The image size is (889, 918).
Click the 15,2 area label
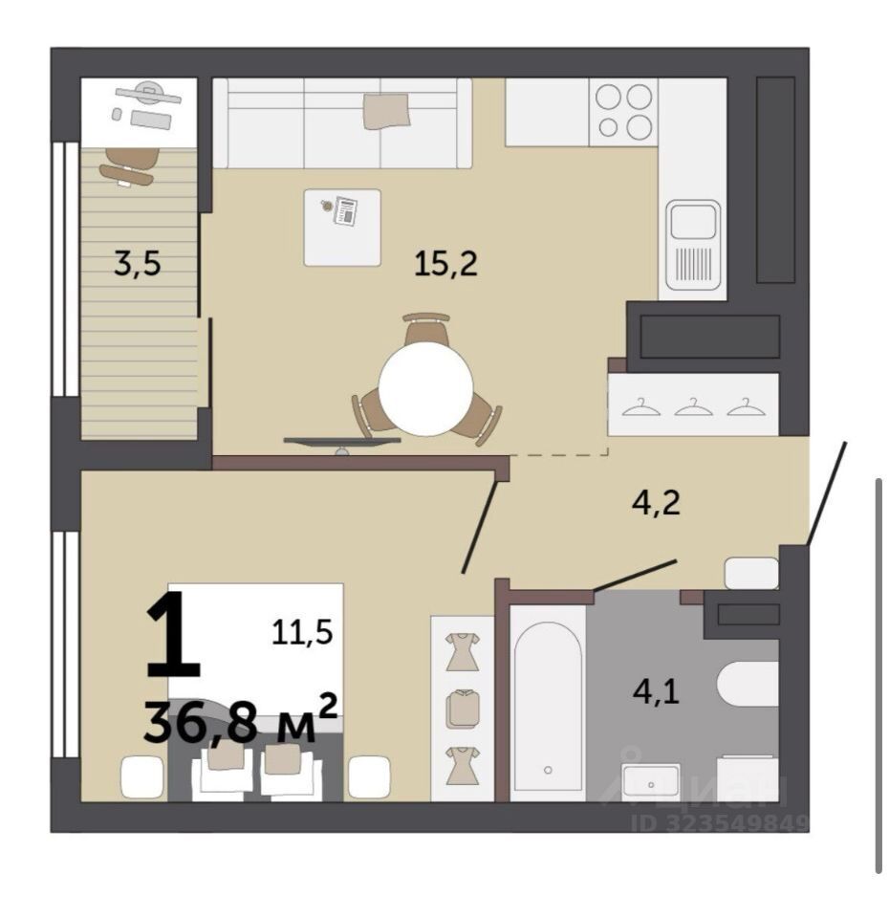pos(445,263)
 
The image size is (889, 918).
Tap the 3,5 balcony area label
pos(138,263)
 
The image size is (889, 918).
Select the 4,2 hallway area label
pos(656,502)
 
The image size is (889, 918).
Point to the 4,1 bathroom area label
pos(656,691)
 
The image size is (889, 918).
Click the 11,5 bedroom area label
pos(302,632)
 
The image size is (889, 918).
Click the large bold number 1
pos(173,635)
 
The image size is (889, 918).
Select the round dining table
pos(425,388)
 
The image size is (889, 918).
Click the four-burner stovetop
pos(623,111)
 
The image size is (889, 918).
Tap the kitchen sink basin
pos(694,222)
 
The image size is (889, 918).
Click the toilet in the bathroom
pos(748,684)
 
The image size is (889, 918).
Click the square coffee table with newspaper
pos(342,228)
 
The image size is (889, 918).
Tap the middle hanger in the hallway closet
pos(694,406)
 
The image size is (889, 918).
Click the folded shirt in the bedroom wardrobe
pos(463,709)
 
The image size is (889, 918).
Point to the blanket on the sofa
pos(386,110)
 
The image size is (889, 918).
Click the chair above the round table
pos(426,329)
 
